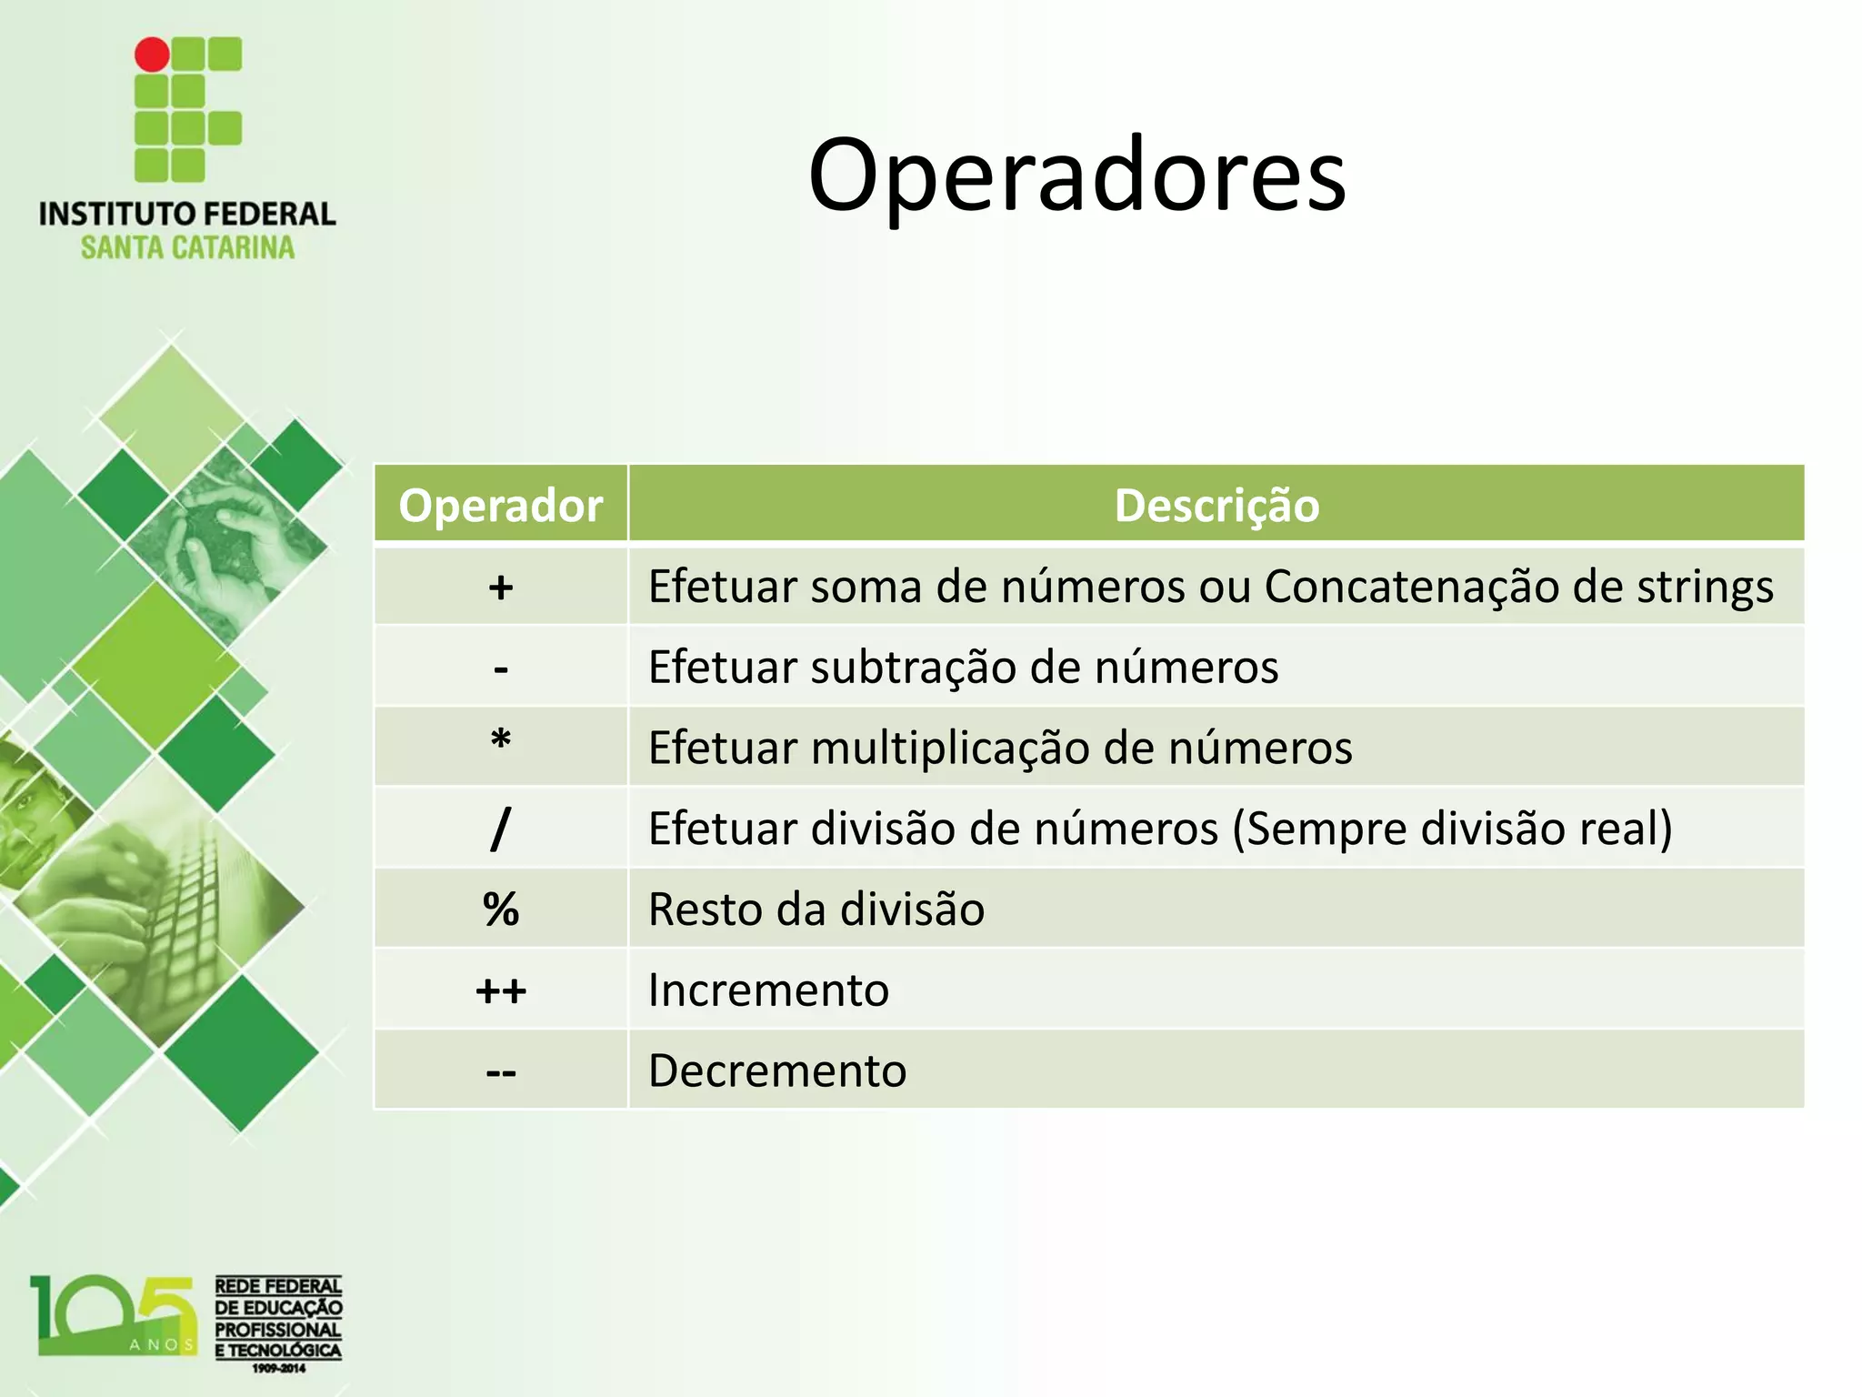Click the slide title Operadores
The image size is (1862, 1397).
coord(1076,175)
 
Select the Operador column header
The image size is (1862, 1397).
coord(500,505)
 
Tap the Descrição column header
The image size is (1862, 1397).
coord(1216,505)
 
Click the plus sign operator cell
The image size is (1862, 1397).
coord(500,588)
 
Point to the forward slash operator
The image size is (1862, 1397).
coord(500,828)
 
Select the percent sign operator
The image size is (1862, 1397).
coord(500,909)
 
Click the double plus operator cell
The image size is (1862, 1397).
coord(500,990)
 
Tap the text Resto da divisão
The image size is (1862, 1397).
coord(816,909)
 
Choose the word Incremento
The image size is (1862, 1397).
coord(768,990)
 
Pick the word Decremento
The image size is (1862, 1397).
coord(777,1070)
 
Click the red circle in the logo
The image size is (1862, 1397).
coord(152,55)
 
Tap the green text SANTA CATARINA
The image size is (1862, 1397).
coord(187,247)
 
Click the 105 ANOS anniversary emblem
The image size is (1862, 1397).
coord(114,1317)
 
